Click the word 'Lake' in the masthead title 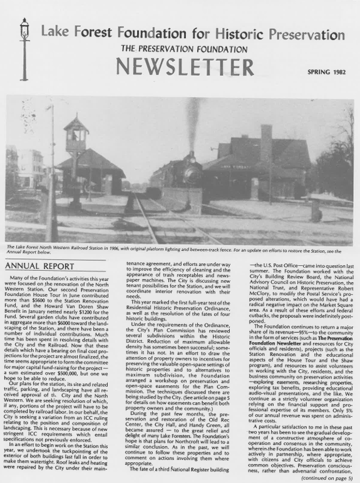point(56,32)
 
